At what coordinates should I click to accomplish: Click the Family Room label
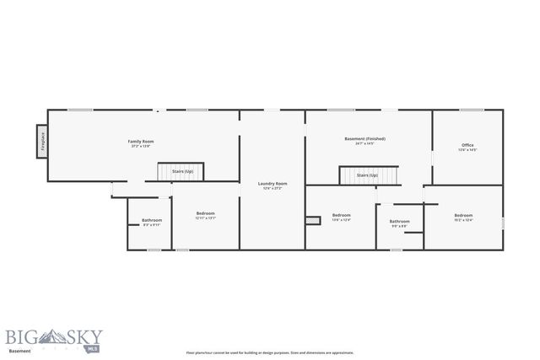pos(141,141)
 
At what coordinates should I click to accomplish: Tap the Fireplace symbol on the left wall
pos(40,142)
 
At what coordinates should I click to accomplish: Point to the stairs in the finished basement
pos(365,175)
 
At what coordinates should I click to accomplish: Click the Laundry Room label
pos(273,183)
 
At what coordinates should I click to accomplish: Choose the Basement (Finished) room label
pos(365,138)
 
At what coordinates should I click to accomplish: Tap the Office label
pos(467,145)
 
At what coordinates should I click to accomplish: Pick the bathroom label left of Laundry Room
pos(152,220)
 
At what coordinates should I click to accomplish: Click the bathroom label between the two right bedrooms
pos(399,221)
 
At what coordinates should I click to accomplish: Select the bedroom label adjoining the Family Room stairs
pos(206,213)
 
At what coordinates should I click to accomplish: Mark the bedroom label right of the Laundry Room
pos(341,215)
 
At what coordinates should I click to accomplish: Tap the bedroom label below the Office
pos(464,215)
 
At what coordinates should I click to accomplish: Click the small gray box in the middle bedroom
pos(313,221)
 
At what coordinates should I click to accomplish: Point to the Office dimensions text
pos(467,150)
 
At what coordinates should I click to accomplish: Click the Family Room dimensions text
pos(141,146)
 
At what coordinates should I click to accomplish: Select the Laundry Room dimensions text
pos(273,188)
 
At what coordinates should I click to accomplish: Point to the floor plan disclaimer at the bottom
pos(270,352)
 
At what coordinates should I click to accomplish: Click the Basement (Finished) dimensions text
pos(365,143)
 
